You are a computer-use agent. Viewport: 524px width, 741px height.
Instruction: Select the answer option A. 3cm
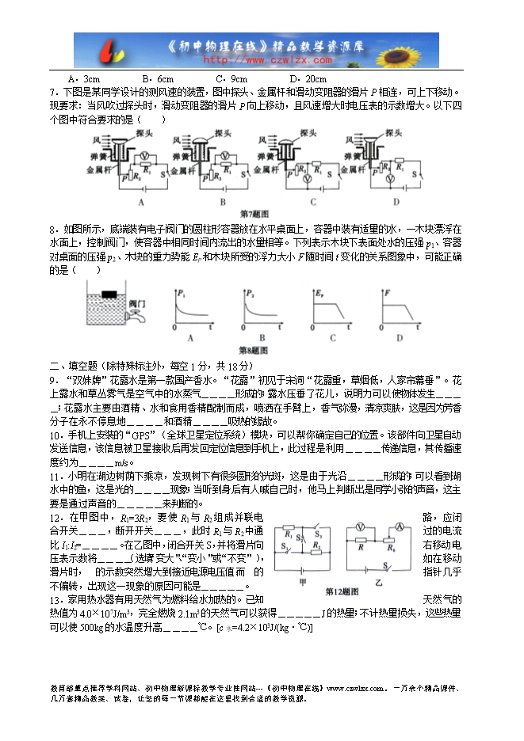point(84,79)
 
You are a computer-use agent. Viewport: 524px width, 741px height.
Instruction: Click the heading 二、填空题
point(76,366)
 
